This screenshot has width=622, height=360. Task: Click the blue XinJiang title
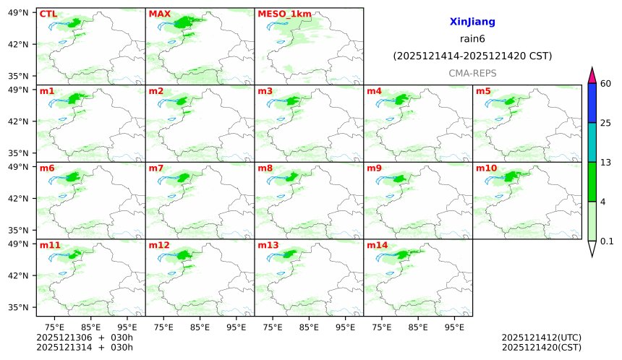point(472,22)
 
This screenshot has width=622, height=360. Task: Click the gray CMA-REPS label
point(472,73)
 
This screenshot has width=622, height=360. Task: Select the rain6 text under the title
point(472,39)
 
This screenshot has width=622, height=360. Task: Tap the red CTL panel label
point(48,14)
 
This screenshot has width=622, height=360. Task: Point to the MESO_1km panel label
point(279,14)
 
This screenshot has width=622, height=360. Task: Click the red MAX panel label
point(158,14)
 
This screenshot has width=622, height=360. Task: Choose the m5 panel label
point(483,91)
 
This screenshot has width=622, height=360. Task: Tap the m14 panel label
point(377,245)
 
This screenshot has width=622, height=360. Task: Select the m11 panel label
point(50,245)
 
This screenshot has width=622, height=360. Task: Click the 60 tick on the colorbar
point(606,83)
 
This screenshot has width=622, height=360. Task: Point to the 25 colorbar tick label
point(606,122)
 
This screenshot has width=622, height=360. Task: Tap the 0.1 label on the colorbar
point(608,241)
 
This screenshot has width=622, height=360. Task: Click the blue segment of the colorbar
point(592,103)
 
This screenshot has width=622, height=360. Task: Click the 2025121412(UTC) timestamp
point(541,338)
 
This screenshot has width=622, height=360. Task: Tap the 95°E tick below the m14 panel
point(454,327)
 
